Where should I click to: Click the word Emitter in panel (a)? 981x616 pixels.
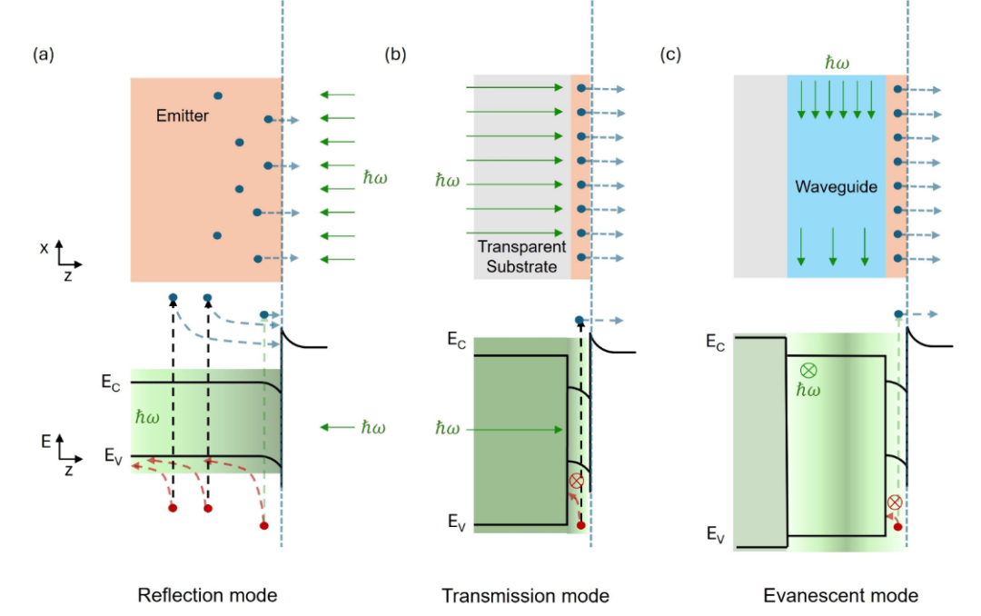(x=182, y=115)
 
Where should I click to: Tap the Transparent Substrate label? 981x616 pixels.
(x=521, y=256)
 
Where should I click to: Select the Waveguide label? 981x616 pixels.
(x=836, y=186)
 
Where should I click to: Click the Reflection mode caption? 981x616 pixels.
(x=207, y=595)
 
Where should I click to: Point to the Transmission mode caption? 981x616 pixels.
(x=526, y=595)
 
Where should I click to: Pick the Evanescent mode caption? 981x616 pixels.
(x=841, y=595)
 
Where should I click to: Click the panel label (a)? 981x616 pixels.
(x=44, y=55)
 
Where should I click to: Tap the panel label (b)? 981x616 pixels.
(x=395, y=55)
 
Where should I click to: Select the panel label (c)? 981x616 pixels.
(x=670, y=55)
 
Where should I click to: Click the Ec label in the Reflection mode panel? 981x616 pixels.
(x=111, y=383)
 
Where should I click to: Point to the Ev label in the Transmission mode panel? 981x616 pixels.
(x=457, y=522)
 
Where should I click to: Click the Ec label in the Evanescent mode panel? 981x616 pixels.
(x=716, y=342)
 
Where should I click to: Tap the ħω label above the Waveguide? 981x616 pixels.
(x=837, y=63)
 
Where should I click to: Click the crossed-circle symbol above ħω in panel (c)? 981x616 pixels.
(x=808, y=371)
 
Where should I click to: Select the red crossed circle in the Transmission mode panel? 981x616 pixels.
(x=576, y=481)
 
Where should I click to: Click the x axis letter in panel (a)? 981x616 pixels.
(x=44, y=249)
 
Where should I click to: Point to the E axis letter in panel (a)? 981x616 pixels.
(x=45, y=442)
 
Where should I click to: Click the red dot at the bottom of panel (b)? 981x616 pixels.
(x=581, y=525)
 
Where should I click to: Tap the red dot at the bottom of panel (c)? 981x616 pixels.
(x=897, y=527)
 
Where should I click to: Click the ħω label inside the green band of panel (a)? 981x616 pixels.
(x=147, y=418)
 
